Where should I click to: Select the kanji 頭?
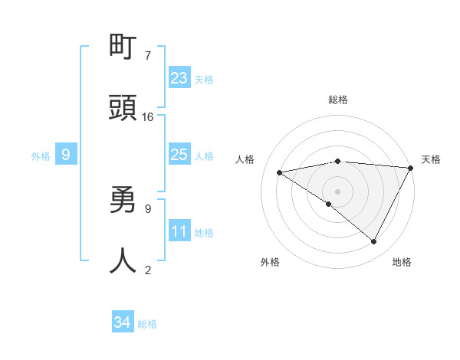pyautogui.click(x=123, y=108)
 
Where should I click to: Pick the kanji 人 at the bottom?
pyautogui.click(x=123, y=260)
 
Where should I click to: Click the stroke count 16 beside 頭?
pyautogui.click(x=148, y=117)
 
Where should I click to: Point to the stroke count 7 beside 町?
pyautogui.click(x=148, y=56)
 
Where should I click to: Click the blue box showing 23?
pyautogui.click(x=179, y=77)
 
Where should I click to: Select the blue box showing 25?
pyautogui.click(x=179, y=154)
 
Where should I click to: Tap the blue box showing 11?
pyautogui.click(x=179, y=231)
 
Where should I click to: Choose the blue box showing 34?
pyautogui.click(x=123, y=322)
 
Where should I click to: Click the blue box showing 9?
pyautogui.click(x=66, y=155)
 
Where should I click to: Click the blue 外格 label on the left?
pyautogui.click(x=41, y=156)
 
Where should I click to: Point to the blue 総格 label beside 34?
pyautogui.click(x=147, y=324)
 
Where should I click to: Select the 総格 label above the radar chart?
pyautogui.click(x=338, y=100)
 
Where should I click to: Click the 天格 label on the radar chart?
pyautogui.click(x=431, y=159)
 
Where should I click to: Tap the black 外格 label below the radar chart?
pyautogui.click(x=270, y=263)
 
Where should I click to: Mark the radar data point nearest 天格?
pyautogui.click(x=410, y=168)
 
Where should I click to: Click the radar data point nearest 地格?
pyautogui.click(x=374, y=241)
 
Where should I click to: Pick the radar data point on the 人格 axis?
pyautogui.click(x=280, y=172)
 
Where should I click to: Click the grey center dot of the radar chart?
pyautogui.click(x=338, y=191)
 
